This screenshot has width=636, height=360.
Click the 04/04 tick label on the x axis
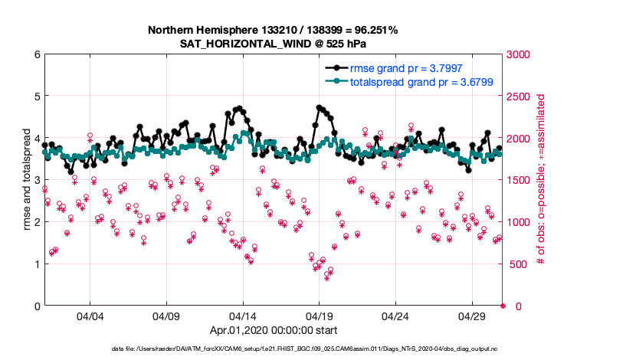(x=90, y=316)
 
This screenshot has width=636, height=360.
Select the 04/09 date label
(x=166, y=316)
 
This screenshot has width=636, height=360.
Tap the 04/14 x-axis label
(x=243, y=316)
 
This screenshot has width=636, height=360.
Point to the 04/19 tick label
(x=319, y=316)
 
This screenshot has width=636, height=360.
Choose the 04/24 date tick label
(x=395, y=316)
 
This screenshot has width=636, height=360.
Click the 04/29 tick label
(x=472, y=316)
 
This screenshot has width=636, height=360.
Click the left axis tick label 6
(x=36, y=54)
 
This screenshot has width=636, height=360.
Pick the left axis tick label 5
(x=36, y=97)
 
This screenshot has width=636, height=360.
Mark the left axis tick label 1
(x=36, y=264)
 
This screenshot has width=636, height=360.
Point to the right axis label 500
(x=516, y=264)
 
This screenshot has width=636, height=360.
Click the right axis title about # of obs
(x=540, y=180)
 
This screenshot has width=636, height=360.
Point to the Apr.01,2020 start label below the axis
(x=274, y=332)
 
